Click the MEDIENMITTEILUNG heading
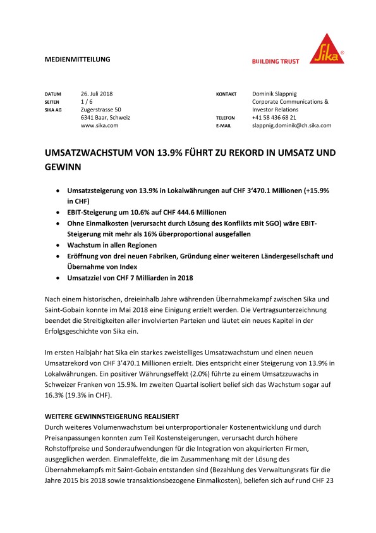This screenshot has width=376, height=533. [x=78, y=59]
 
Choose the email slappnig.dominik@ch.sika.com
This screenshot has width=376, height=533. [x=291, y=125]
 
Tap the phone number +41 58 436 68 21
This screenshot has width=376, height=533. [x=274, y=118]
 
